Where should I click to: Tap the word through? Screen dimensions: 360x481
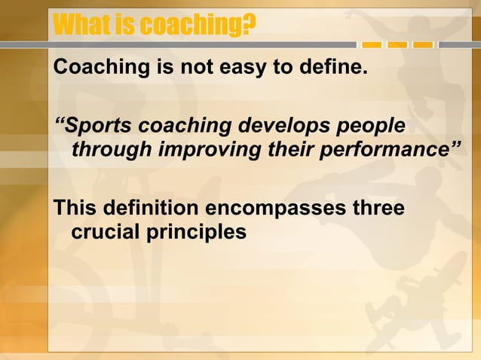[112, 150]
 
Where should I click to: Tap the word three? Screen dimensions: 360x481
[378, 207]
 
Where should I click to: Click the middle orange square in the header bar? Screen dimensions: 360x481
[397, 45]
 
